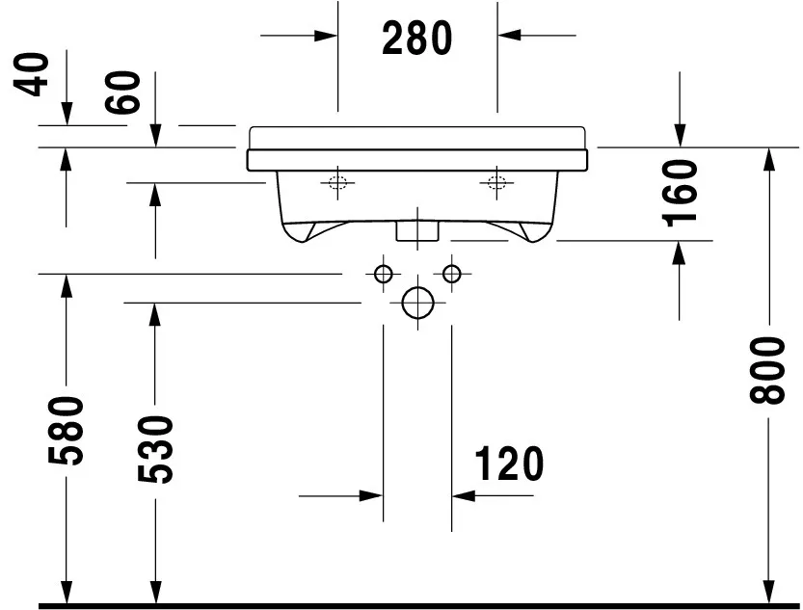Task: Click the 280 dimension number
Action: coord(416,39)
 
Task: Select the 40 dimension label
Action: coord(31,74)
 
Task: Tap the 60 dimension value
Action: coord(122,93)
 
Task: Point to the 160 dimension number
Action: coord(680,193)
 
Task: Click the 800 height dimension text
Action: coord(766,370)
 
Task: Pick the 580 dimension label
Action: coord(66,431)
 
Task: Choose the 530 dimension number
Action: coord(156,449)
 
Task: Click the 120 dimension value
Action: coord(509,464)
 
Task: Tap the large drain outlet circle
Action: coord(418,303)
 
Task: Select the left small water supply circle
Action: coord(383,274)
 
